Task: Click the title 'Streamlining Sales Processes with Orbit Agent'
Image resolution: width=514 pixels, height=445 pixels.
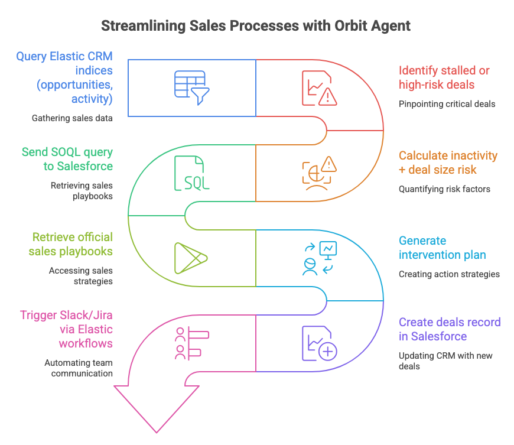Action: (256, 26)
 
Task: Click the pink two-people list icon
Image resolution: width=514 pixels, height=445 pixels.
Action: (188, 344)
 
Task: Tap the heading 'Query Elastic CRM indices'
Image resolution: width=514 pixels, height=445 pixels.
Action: (64, 77)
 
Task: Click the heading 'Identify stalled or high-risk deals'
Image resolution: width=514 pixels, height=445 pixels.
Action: (444, 77)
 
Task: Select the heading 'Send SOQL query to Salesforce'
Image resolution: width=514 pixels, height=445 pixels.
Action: (67, 159)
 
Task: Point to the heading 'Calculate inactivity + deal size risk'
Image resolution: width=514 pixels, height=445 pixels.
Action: (448, 163)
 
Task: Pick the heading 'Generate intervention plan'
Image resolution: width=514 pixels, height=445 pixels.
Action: (442, 248)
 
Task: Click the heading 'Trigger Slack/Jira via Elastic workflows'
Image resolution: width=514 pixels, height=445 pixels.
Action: (66, 329)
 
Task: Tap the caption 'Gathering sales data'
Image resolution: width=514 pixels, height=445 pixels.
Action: (72, 118)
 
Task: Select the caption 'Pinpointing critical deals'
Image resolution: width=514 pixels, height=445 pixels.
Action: (447, 104)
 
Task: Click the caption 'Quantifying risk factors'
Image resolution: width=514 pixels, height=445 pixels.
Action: (444, 189)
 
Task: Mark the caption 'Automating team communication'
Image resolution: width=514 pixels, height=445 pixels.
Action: (79, 368)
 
